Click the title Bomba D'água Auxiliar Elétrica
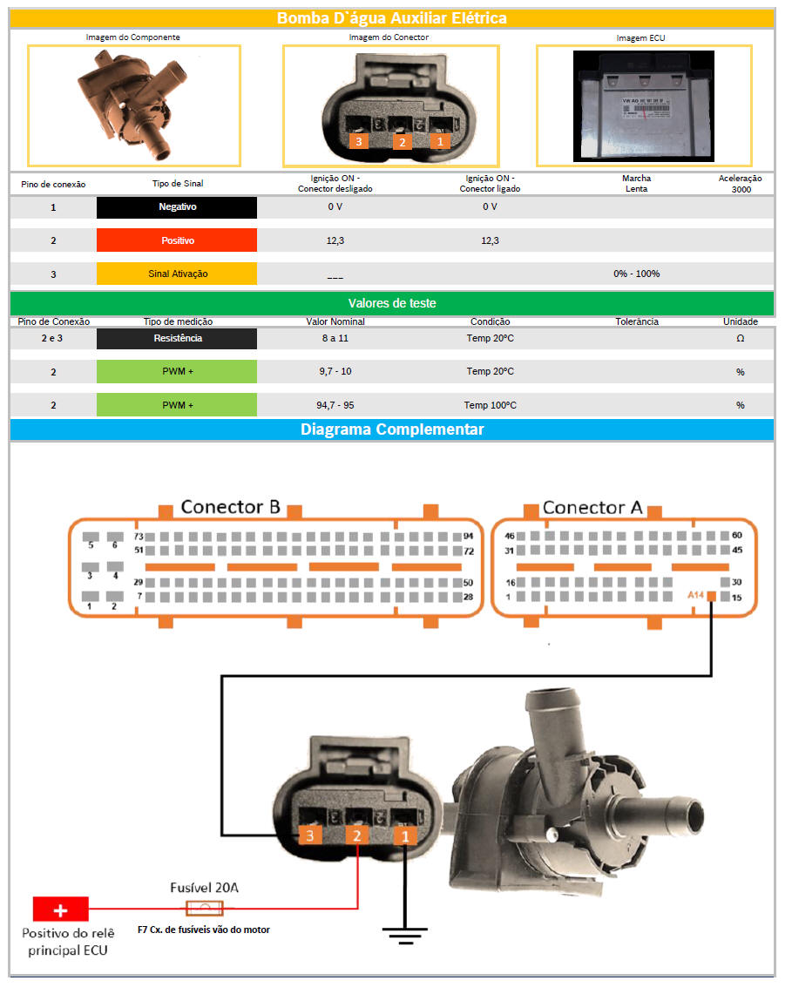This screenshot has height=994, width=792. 391,17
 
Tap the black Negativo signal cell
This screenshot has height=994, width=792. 177,207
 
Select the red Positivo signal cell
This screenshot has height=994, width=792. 177,240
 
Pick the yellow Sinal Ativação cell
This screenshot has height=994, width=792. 177,274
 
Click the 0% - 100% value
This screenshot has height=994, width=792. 636,274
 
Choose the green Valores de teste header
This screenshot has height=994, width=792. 391,303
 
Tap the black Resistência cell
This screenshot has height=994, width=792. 177,338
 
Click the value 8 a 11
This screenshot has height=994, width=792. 335,338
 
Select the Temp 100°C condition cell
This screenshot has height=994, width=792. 490,405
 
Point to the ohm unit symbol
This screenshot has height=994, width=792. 740,338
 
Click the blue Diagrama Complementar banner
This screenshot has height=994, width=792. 391,429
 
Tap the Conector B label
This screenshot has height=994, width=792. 230,507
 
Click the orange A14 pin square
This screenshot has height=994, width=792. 712,597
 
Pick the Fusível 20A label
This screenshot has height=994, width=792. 205,888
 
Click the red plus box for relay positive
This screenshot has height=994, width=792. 61,909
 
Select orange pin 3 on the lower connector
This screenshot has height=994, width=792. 309,835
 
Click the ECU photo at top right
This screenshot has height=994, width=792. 644,105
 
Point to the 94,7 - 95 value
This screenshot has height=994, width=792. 335,405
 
